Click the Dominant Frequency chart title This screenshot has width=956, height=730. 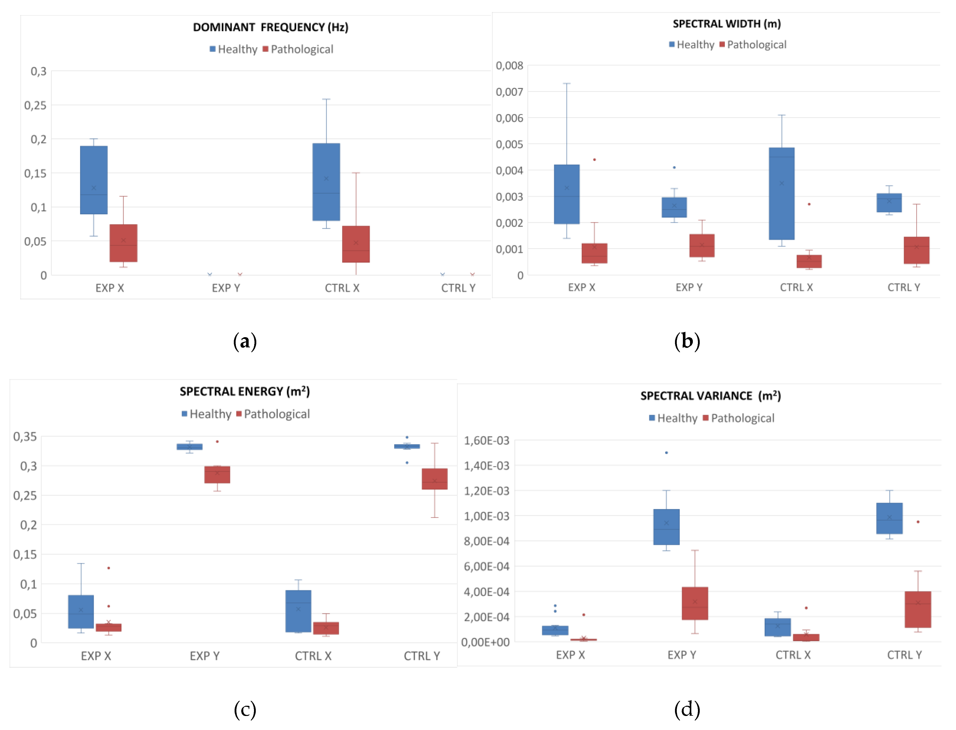click(x=271, y=27)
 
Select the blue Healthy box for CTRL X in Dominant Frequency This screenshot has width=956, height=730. click(x=326, y=182)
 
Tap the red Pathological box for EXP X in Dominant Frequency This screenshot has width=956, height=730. click(x=123, y=243)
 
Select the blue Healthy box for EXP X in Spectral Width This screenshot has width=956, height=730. click(x=567, y=194)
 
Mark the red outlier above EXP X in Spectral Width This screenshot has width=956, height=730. click(x=594, y=160)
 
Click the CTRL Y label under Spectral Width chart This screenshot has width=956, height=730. click(x=903, y=287)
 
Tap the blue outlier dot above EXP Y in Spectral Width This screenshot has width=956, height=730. click(x=674, y=167)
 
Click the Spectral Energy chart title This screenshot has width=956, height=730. click(x=245, y=392)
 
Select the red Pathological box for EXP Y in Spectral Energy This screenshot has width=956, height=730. click(x=217, y=475)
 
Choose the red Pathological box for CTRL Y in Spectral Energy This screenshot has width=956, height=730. click(x=435, y=479)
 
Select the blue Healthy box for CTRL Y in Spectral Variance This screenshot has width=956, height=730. click(x=889, y=518)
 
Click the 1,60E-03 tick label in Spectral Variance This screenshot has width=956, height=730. click(x=486, y=441)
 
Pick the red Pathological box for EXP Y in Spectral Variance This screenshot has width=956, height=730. click(x=695, y=603)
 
